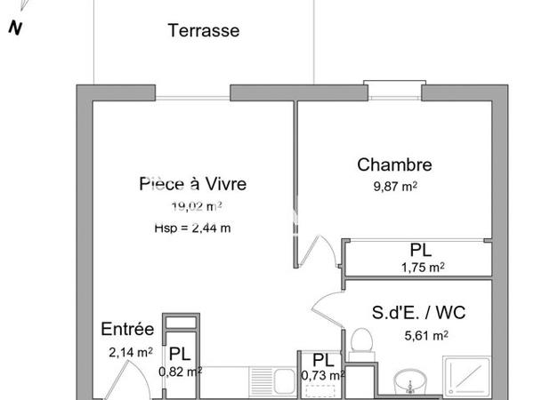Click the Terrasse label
click(x=204, y=30)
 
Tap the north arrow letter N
click(x=14, y=27)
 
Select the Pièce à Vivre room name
click(x=192, y=184)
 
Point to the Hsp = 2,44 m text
click(x=192, y=228)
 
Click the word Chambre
click(x=394, y=164)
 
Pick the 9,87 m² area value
click(x=395, y=186)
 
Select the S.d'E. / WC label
click(x=418, y=313)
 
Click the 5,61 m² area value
click(x=425, y=335)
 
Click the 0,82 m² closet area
click(x=179, y=372)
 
